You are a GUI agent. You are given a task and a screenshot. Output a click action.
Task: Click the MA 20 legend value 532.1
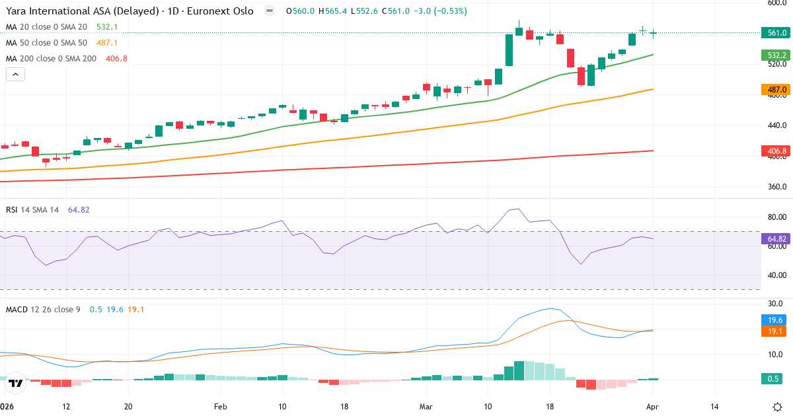[x=107, y=27]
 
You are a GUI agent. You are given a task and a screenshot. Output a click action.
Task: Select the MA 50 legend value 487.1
[x=107, y=43]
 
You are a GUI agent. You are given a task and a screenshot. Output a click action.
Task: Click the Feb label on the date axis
[x=221, y=407]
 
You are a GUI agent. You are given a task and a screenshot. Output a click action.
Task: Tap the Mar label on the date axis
[x=425, y=407]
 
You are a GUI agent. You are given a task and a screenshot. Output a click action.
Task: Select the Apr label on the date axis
[x=652, y=407]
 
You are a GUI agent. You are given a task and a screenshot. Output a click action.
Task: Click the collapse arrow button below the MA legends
[x=15, y=74]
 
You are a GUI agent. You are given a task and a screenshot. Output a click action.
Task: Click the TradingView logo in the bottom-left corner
[x=16, y=382]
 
